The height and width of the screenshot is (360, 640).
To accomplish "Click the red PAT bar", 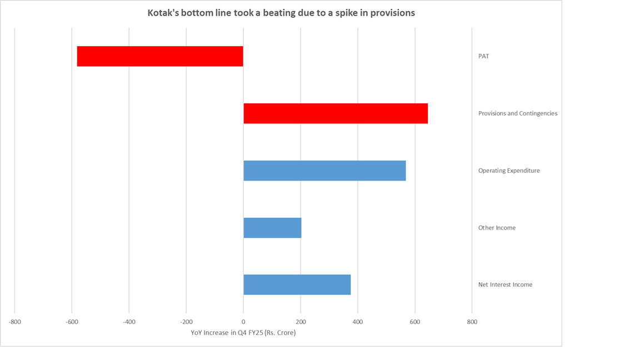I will pyautogui.click(x=160, y=56).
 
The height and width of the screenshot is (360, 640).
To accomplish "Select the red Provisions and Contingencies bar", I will pyautogui.click(x=336, y=113).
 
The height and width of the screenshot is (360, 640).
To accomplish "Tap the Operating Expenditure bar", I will pyautogui.click(x=324, y=171).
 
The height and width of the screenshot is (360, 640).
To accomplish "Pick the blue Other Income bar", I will pyautogui.click(x=272, y=228).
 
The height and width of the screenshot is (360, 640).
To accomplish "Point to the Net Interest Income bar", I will pyautogui.click(x=297, y=284).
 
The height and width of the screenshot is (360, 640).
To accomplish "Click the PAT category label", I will pyautogui.click(x=483, y=56).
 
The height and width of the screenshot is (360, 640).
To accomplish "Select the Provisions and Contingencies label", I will pyautogui.click(x=517, y=113).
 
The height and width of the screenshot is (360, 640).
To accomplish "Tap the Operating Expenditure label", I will pyautogui.click(x=508, y=171).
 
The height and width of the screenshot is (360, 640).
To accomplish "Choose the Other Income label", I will pyautogui.click(x=497, y=228).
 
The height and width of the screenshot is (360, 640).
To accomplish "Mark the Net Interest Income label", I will pyautogui.click(x=505, y=284).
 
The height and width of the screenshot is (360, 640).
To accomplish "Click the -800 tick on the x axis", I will pyautogui.click(x=14, y=322).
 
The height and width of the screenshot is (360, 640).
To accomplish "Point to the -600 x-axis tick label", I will pyautogui.click(x=72, y=322).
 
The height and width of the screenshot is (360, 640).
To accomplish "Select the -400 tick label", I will pyautogui.click(x=129, y=322).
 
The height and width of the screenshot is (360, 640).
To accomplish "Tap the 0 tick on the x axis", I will pyautogui.click(x=243, y=322).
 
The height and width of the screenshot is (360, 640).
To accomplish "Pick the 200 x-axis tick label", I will pyautogui.click(x=301, y=322).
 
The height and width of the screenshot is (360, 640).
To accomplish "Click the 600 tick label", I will pyautogui.click(x=414, y=322).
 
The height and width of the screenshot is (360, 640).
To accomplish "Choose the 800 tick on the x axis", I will pyautogui.click(x=472, y=322).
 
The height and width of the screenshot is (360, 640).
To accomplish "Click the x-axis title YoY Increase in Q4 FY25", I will pyautogui.click(x=243, y=333).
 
